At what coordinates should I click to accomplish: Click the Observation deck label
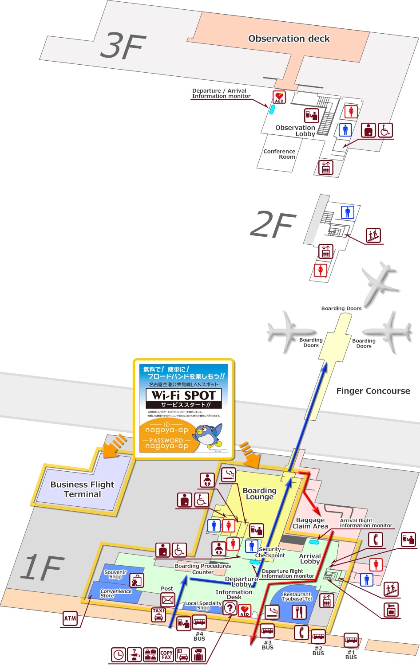(289, 39)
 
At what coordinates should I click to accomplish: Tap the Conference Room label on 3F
(279, 154)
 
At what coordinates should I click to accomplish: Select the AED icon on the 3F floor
(279, 97)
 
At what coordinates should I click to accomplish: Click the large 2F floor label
(273, 224)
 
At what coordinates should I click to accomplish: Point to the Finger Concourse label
(373, 391)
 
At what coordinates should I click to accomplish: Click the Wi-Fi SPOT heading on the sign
(183, 395)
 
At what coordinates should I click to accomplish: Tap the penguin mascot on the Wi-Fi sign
(208, 435)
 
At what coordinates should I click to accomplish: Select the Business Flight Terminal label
(82, 489)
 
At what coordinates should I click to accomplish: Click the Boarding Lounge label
(259, 493)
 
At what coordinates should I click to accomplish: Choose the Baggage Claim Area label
(310, 523)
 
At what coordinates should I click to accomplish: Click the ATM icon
(70, 618)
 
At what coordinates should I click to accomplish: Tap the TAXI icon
(158, 614)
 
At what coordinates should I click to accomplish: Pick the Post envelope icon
(167, 600)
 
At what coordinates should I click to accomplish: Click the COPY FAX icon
(166, 655)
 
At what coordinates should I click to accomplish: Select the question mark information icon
(230, 608)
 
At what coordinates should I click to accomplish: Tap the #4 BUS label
(199, 636)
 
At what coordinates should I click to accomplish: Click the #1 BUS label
(351, 655)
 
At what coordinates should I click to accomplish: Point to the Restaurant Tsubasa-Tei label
(297, 596)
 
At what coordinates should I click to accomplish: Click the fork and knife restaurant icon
(299, 612)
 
